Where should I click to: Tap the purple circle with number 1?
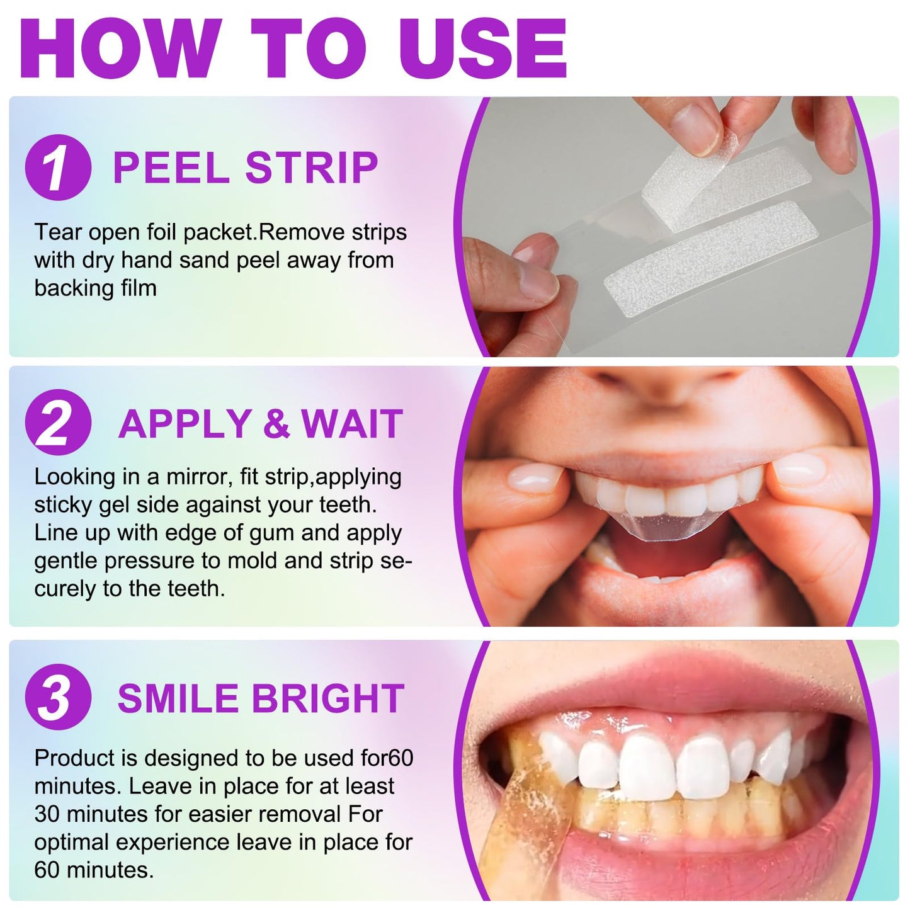(x=58, y=168)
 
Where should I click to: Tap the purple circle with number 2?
(x=58, y=423)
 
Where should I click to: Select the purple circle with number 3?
(x=58, y=697)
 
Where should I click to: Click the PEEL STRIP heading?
(x=246, y=168)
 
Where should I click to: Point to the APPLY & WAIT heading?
(x=261, y=424)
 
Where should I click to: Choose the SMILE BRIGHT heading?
(x=261, y=698)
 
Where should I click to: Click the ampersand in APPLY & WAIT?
(x=276, y=424)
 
